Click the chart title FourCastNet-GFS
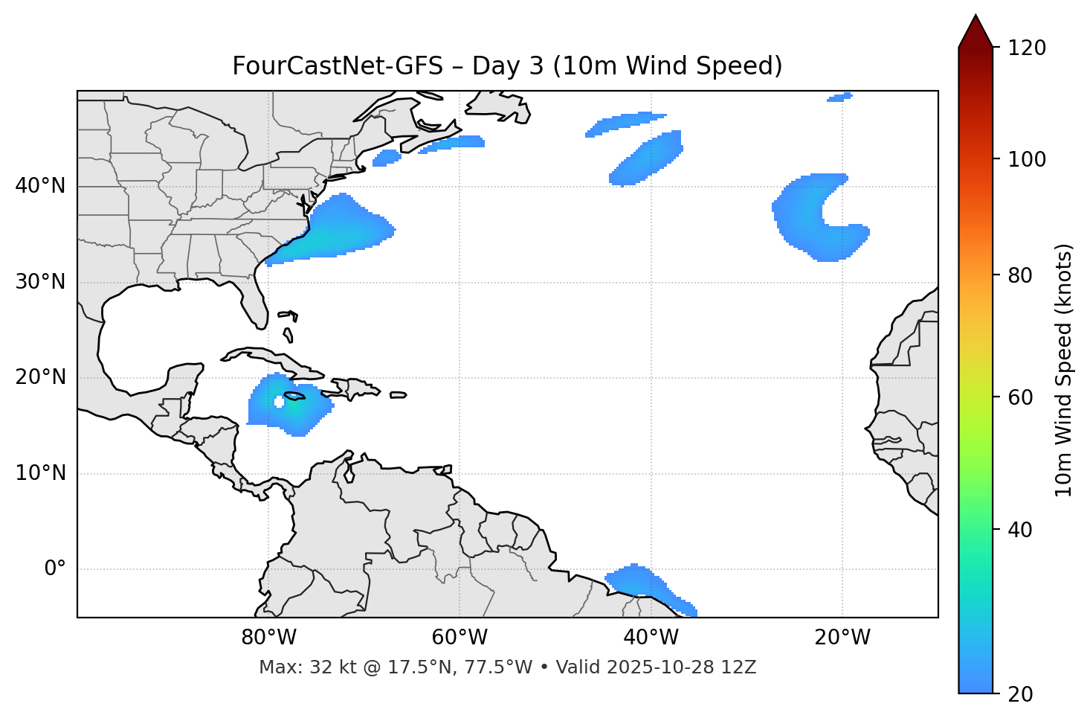tap(507, 66)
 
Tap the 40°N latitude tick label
tap(40, 186)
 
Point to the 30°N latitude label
tap(40, 282)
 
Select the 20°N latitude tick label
tap(40, 377)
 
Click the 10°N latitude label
tap(40, 473)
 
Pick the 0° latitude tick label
tap(55, 569)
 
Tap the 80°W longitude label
tap(268, 638)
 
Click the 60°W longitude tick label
tap(459, 638)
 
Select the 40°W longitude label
tap(651, 638)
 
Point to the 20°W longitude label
tap(842, 638)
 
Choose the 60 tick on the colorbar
tap(1021, 397)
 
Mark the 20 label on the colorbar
tap(1021, 694)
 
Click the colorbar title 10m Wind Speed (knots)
tap(1064, 370)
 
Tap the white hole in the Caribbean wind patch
tap(280, 402)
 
